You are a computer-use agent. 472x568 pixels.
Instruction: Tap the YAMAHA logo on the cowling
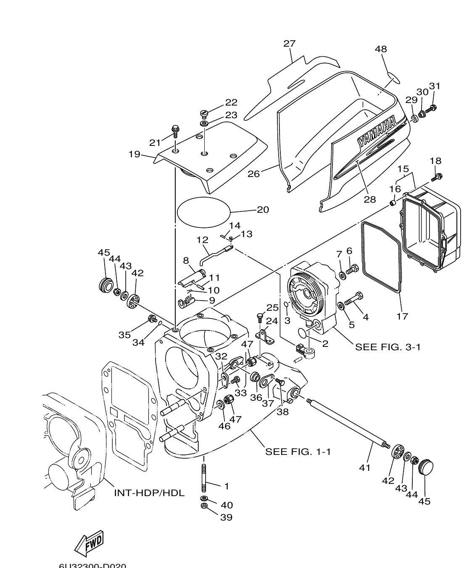click(377, 132)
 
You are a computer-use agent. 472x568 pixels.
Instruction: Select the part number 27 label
click(289, 43)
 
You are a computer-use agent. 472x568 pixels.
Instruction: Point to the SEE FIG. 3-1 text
click(388, 347)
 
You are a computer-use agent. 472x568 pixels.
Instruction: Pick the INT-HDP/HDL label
click(149, 492)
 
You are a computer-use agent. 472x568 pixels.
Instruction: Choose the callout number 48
click(381, 49)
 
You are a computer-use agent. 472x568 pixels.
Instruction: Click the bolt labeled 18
click(437, 177)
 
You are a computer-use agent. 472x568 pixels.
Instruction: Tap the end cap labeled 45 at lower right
click(426, 467)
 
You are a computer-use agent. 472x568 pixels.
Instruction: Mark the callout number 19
click(134, 154)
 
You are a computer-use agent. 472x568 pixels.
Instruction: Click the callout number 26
click(253, 173)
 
